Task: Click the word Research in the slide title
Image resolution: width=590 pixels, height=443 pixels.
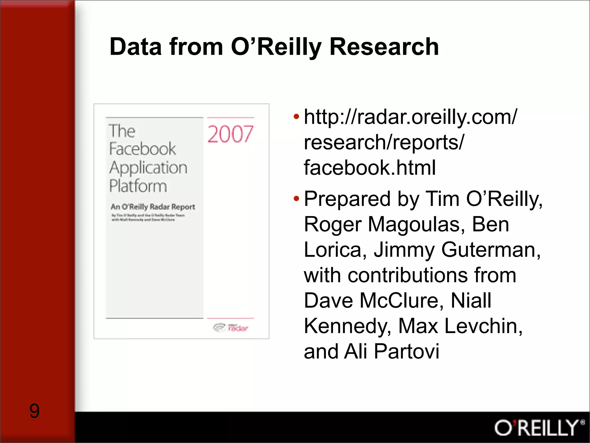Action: tap(384, 47)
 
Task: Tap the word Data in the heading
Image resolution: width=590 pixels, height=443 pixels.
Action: tap(135, 47)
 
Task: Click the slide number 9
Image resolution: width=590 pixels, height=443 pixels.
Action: tap(34, 411)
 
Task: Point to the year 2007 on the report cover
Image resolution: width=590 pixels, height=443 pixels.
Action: tap(230, 134)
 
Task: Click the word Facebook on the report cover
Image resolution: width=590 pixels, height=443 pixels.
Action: tap(142, 149)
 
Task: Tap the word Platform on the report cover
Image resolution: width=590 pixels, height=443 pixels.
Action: tap(138, 186)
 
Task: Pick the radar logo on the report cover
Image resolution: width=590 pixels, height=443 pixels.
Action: tap(231, 328)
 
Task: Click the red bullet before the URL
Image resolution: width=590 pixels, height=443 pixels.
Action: tap(296, 117)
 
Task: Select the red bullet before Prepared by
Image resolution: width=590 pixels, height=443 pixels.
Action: tap(296, 199)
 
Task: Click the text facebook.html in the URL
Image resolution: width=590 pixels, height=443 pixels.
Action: tap(370, 168)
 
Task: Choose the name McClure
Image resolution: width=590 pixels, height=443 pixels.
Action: tap(402, 301)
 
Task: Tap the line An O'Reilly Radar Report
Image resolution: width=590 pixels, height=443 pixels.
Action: tap(153, 207)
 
